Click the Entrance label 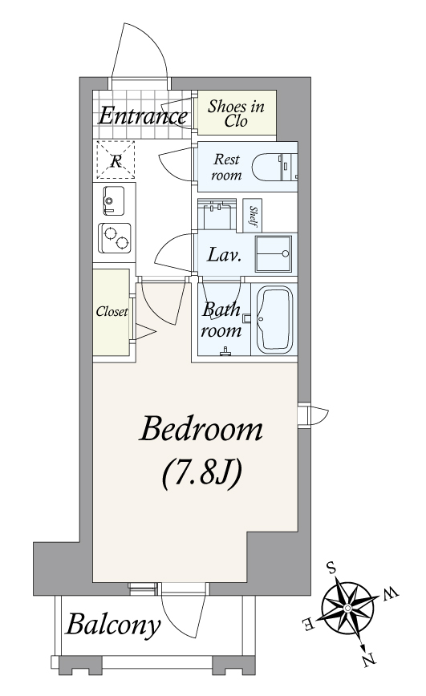point(143,115)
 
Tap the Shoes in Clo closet point(237,112)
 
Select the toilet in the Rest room point(274,167)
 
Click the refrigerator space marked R point(116,160)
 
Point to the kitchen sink point(113,200)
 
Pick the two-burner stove point(115,238)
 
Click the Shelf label point(253,216)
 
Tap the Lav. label point(225,255)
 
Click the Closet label point(112,312)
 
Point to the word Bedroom point(201,429)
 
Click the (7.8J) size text point(201,474)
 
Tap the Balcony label point(113,625)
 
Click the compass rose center point(348,607)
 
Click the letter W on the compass point(391,593)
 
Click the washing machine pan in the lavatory point(274,253)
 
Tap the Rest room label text point(226,167)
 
